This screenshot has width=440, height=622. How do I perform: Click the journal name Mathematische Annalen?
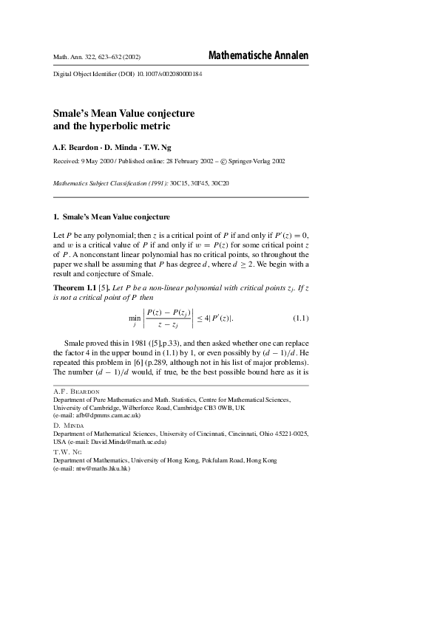click(259, 56)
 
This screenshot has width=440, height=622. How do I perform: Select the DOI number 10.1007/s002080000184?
click(169, 75)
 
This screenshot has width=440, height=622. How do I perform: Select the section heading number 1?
click(55, 217)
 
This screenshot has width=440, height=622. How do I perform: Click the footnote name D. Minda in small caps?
click(69, 426)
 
